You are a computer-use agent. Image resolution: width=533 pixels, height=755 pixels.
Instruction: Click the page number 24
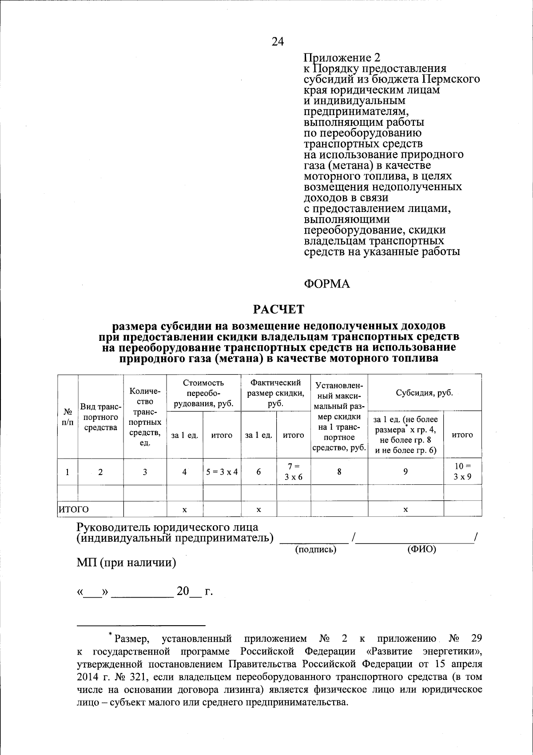[x=278, y=42]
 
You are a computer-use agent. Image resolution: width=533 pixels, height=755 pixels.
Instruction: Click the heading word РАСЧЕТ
[x=278, y=309]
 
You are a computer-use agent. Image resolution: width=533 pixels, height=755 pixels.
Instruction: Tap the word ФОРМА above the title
[x=326, y=284]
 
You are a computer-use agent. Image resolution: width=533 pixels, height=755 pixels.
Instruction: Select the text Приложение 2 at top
[x=342, y=58]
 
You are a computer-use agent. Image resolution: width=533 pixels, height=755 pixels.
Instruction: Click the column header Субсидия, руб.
[x=424, y=393]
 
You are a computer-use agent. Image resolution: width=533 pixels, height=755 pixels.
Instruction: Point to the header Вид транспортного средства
[x=100, y=417]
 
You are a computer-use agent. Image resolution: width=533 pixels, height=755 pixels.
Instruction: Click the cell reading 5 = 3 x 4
[x=222, y=472]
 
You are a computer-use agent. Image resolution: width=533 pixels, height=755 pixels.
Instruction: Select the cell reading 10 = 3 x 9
[x=462, y=471]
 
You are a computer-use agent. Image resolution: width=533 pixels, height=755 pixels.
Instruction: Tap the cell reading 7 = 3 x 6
[x=293, y=471]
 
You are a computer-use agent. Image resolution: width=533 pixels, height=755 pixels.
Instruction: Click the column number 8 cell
[x=339, y=472]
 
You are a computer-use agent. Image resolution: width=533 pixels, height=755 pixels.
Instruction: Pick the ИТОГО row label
[x=74, y=509]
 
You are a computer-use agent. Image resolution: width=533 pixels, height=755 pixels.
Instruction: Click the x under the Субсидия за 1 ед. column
[x=405, y=510]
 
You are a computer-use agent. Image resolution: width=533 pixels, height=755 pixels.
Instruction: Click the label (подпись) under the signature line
[x=316, y=550]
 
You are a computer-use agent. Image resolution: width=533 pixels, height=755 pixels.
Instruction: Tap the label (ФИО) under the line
[x=422, y=549]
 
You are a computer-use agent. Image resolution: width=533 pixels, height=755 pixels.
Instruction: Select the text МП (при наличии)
[x=126, y=563]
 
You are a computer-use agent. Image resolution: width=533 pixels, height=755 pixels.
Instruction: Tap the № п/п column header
[x=68, y=417]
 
